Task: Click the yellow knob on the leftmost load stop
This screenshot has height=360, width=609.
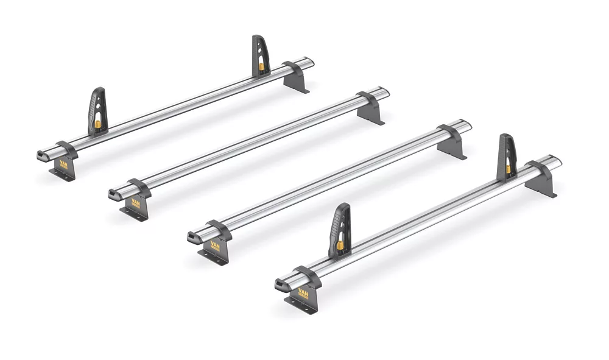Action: tap(98, 125)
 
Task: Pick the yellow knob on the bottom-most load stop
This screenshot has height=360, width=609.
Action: tap(340, 246)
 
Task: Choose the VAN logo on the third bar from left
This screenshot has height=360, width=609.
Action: tap(216, 246)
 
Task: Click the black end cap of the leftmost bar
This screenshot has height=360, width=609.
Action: tap(42, 155)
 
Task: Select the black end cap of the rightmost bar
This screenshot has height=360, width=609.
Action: tap(281, 284)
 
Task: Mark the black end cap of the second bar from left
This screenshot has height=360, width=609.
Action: tap(114, 195)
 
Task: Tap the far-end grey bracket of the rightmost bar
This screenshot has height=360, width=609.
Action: tap(542, 177)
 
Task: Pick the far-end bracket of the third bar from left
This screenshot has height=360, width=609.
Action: tap(453, 141)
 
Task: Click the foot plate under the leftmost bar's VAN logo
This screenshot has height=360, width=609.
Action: tap(61, 176)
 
